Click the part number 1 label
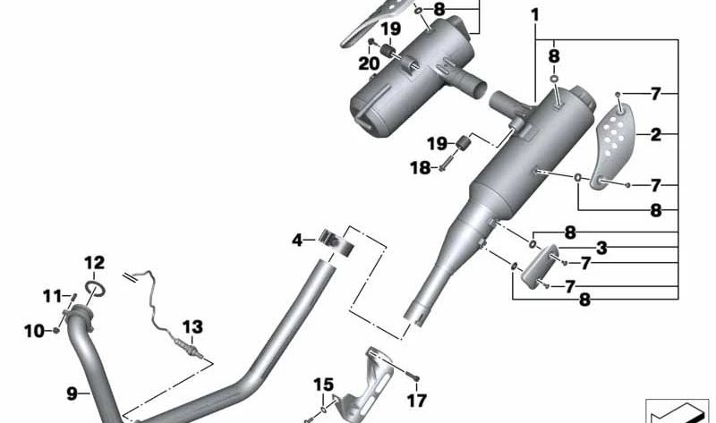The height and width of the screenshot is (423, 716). point(534,15)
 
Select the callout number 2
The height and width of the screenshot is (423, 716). point(656,135)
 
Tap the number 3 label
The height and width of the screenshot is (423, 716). point(601,247)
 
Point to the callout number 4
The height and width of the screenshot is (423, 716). point(297,239)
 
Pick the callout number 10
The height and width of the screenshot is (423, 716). point(33,331)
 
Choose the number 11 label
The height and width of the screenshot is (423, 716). point(52,295)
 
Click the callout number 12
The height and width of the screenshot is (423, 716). point(95,263)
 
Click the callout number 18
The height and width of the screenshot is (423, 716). point(420,167)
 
